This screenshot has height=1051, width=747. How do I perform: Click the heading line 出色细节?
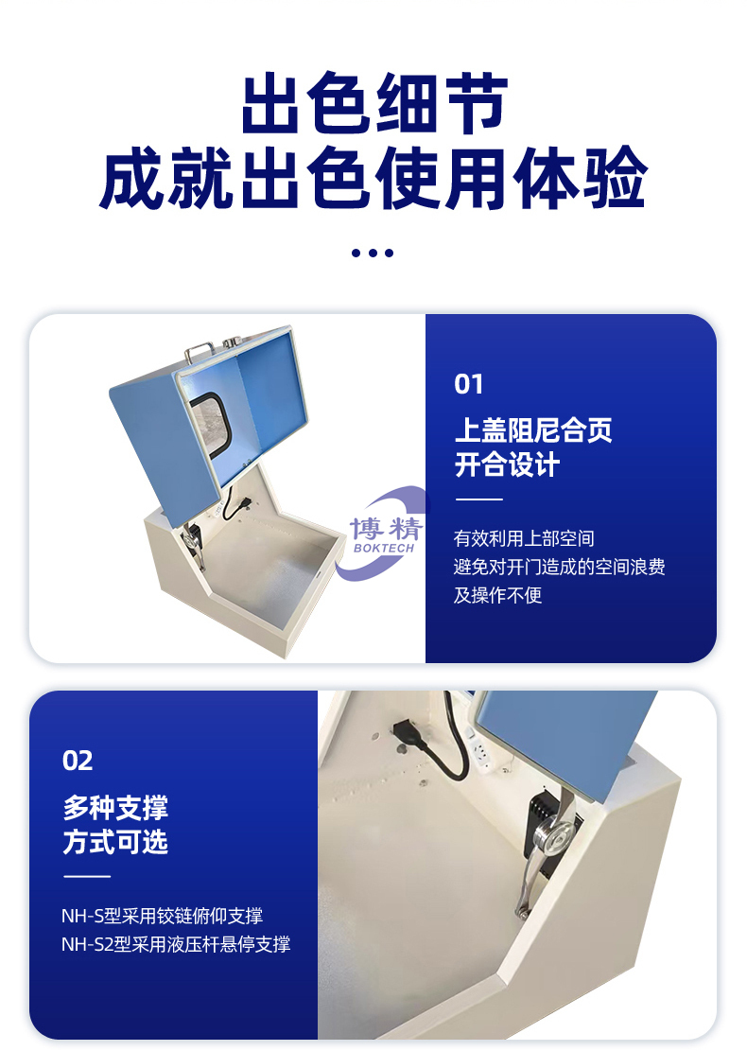(373, 103)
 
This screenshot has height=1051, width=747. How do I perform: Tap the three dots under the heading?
(373, 253)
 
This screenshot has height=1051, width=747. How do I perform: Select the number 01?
(468, 384)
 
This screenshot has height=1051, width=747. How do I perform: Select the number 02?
(77, 761)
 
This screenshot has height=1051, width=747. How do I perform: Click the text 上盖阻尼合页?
(533, 429)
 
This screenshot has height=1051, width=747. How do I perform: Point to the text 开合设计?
(507, 464)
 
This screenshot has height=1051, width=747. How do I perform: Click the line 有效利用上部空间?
(524, 538)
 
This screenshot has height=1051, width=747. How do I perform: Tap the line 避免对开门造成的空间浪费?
(560, 567)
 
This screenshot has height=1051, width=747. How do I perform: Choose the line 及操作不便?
(497, 595)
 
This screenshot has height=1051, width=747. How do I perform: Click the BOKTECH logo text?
(385, 548)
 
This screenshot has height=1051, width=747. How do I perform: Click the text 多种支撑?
(115, 807)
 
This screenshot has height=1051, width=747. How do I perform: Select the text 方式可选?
(115, 842)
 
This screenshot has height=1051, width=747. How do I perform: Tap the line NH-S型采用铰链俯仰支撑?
(162, 916)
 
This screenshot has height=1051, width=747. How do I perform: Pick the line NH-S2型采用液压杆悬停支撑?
(176, 944)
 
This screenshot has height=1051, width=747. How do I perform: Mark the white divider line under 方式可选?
(86, 876)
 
